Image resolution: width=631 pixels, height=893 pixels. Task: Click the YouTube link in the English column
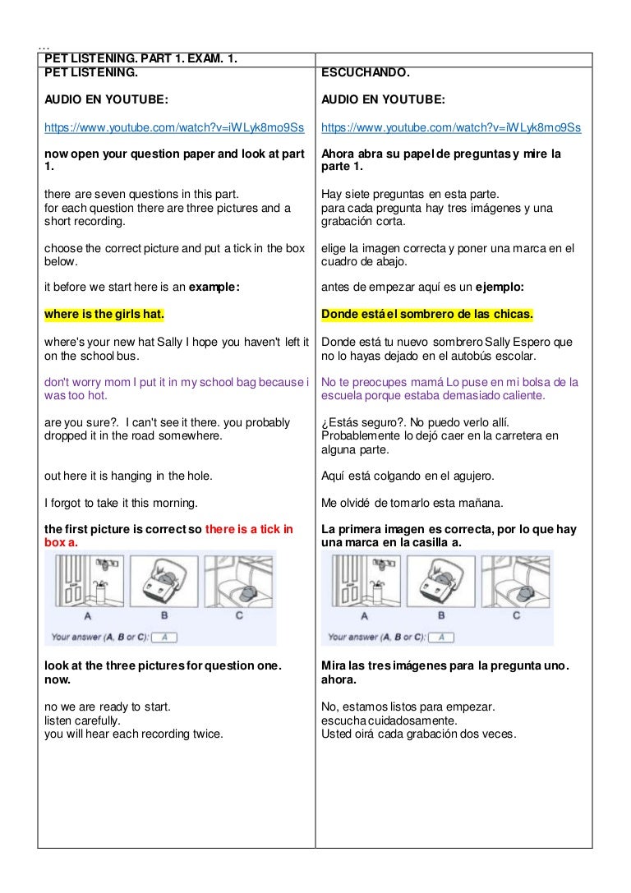[x=174, y=127]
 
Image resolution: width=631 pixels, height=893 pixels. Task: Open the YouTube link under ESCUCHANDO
[x=451, y=127]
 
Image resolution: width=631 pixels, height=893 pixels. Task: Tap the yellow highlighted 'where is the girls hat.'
[x=104, y=314]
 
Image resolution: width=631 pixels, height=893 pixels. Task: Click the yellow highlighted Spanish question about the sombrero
[x=427, y=314]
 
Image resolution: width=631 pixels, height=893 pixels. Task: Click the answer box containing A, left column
[x=164, y=637]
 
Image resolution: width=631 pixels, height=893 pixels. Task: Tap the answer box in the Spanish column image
[x=441, y=637]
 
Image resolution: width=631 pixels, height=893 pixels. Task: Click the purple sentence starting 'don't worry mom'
[x=176, y=388]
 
